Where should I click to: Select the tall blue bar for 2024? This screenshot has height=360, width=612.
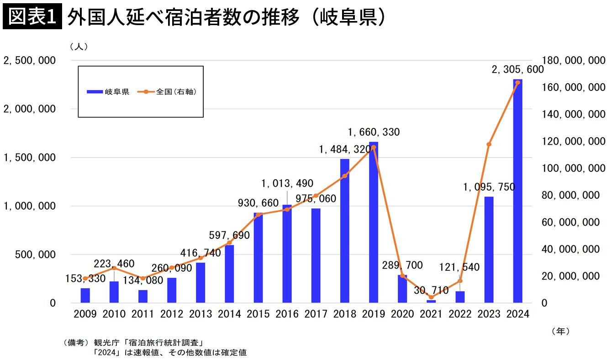point(517,192)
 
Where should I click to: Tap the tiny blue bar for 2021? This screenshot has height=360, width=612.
point(431,301)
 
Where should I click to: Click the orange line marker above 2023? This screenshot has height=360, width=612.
point(489,144)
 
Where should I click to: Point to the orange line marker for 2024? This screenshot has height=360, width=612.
point(517,83)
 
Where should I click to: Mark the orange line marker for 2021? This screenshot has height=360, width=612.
point(431,297)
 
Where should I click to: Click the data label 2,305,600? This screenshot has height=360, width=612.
point(517,70)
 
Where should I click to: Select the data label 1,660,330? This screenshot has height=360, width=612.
point(373,132)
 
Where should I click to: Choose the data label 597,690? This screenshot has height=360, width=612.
point(229,236)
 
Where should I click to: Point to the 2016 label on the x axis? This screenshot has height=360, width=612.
point(287,314)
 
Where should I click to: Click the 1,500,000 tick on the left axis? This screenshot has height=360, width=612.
point(30,158)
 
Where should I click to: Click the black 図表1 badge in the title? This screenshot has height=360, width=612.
point(32,17)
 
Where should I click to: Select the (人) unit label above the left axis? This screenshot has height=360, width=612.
point(79,47)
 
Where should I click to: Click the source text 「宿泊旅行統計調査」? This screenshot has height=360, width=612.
point(172,343)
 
